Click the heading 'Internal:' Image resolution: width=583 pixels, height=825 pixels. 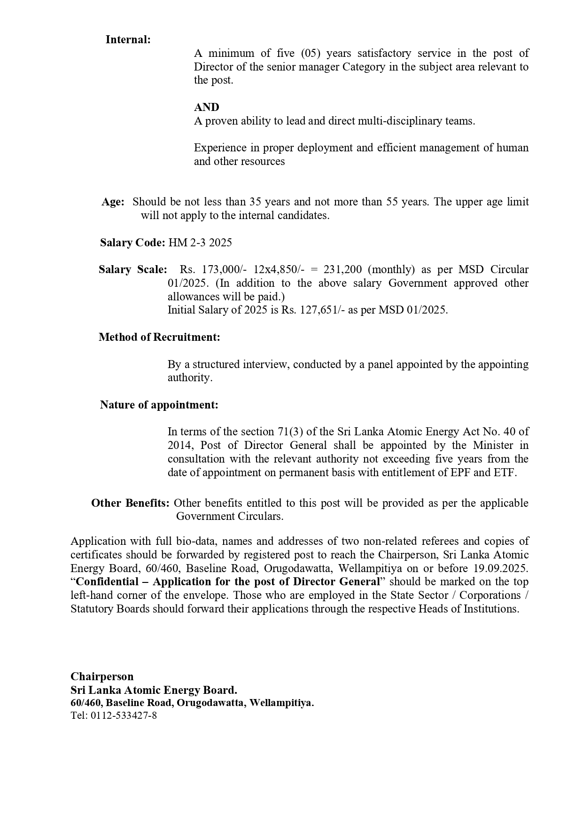(x=128, y=39)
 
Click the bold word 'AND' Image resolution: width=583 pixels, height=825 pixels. (x=206, y=107)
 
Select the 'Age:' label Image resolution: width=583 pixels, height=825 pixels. (x=113, y=202)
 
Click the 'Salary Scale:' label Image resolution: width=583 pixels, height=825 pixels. (x=132, y=269)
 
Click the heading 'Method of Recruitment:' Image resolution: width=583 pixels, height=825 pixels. (x=159, y=337)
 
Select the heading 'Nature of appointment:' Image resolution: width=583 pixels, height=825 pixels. (x=159, y=405)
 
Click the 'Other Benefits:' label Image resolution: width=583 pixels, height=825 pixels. (x=130, y=503)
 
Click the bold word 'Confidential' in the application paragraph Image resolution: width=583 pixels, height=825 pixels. (x=107, y=582)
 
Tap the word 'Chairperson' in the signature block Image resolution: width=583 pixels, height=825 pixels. (x=102, y=676)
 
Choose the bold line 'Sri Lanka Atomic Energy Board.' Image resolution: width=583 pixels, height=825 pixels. (x=154, y=690)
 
